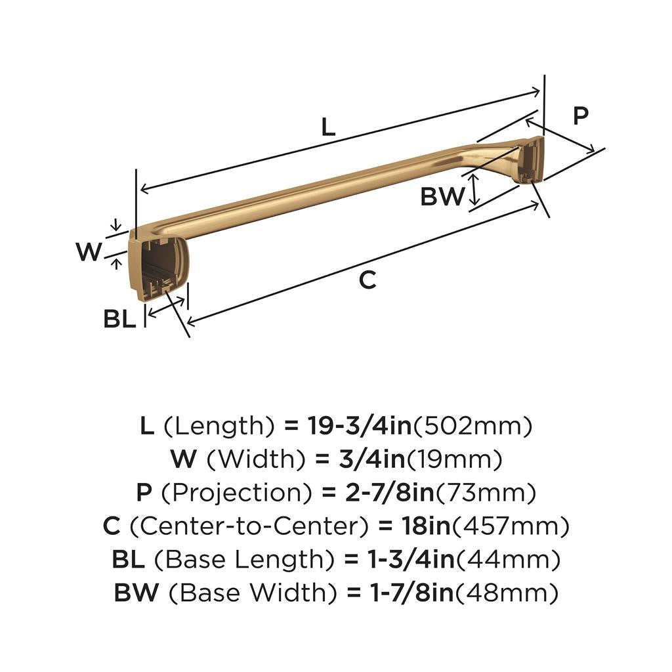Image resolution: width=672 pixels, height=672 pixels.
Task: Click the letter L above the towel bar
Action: [328, 127]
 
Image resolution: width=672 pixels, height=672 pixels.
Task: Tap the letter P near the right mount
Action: [580, 116]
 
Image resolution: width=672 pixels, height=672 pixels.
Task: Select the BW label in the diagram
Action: [442, 196]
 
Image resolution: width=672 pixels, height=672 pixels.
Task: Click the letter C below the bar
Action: [367, 280]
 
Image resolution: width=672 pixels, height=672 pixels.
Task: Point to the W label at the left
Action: [89, 251]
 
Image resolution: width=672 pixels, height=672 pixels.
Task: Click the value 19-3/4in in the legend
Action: [359, 427]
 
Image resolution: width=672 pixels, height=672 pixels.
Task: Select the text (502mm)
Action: [471, 427]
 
